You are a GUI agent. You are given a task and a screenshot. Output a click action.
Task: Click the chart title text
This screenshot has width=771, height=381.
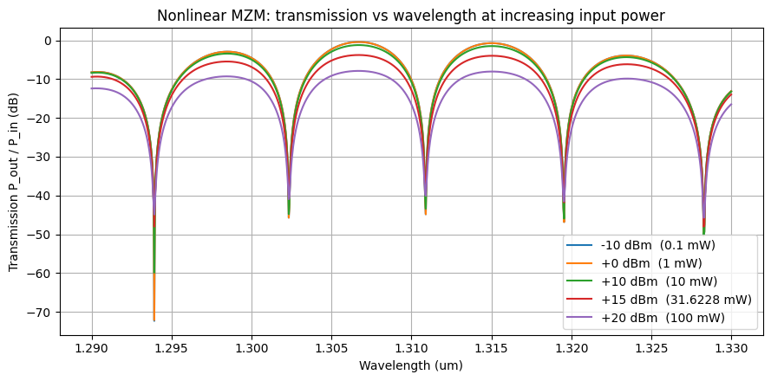pos(411,16)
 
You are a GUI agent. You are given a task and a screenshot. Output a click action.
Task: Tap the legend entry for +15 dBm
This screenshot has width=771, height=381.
pos(669,300)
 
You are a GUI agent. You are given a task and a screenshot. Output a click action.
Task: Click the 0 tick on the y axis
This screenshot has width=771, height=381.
pos(49,41)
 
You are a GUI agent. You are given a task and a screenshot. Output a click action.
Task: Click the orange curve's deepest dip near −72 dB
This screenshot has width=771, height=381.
pos(154,320)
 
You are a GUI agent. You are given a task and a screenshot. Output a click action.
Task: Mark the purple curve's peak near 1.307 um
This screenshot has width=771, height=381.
pos(357,71)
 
